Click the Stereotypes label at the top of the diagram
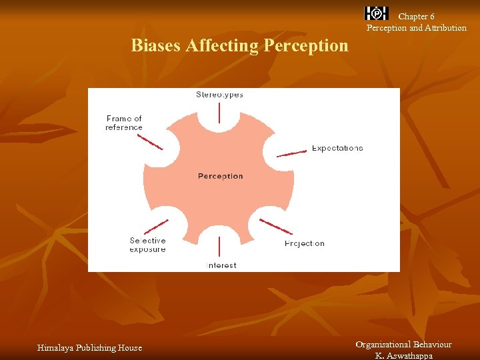coord(219,95)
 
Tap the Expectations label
coord(337,148)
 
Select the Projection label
coord(305,243)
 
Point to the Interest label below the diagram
coord(221,265)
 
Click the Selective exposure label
coord(148,245)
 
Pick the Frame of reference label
coord(124,123)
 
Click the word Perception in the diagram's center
coord(221,176)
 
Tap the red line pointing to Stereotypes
coord(219,113)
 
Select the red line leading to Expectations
coord(291,153)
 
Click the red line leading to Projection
coord(275,226)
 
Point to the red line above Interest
coord(219,245)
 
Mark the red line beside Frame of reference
coord(150,142)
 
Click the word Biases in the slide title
coord(156,45)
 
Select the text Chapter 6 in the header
coord(416,16)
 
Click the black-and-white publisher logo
coord(377,13)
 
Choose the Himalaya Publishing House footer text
coord(89,347)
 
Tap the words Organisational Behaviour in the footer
coord(403,345)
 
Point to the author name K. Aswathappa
coord(403,355)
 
